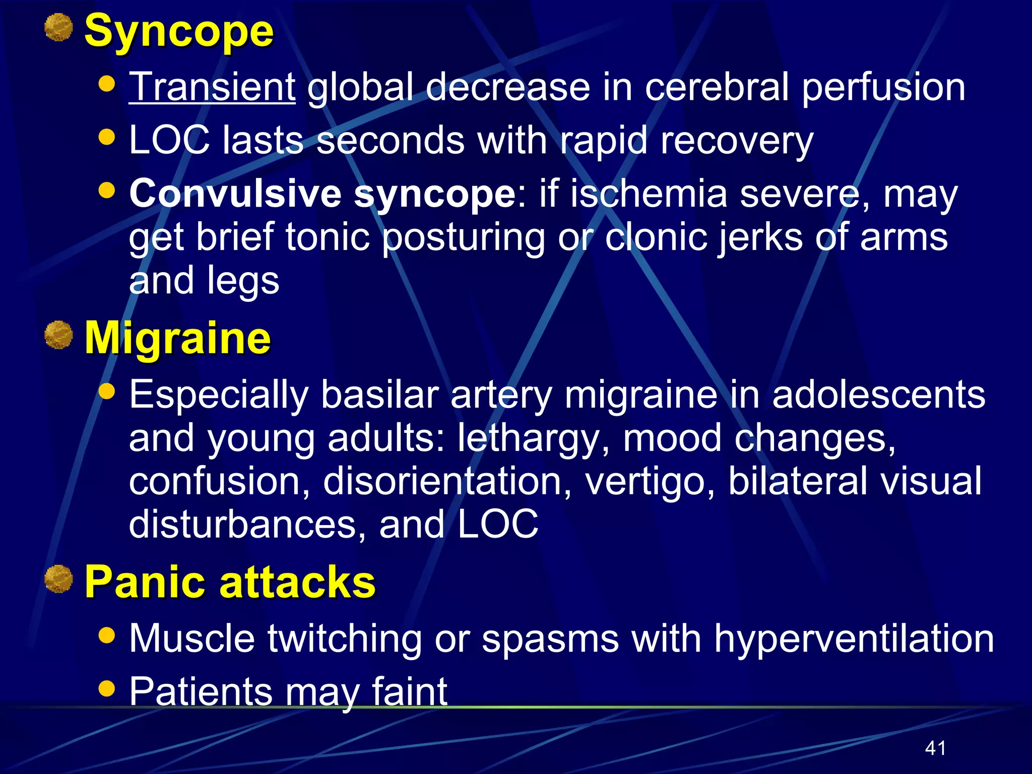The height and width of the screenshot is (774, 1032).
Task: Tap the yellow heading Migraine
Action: click(178, 339)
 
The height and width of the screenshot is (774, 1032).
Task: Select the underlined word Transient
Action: click(212, 87)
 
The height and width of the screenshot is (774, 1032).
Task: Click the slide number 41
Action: click(935, 748)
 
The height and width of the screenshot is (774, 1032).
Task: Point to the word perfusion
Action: click(883, 88)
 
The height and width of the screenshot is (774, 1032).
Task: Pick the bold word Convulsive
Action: click(235, 193)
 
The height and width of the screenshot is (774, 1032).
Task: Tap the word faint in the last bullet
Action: click(409, 691)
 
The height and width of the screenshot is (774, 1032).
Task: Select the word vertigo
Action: click(650, 482)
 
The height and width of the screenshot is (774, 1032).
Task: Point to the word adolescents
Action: click(878, 395)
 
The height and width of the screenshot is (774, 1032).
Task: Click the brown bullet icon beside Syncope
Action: click(58, 27)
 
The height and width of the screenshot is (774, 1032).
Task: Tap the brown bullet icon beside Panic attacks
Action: click(58, 578)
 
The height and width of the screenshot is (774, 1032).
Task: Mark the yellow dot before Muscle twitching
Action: click(107, 635)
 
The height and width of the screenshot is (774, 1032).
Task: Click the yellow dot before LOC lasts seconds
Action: click(107, 137)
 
